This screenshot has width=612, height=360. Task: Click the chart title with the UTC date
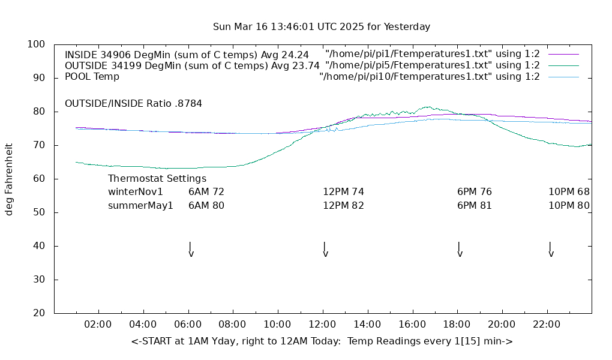[x=322, y=27]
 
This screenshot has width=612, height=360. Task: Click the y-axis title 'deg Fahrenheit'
[x=9, y=179]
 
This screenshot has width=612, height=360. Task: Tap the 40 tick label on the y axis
[x=40, y=246]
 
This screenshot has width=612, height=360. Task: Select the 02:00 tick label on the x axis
[x=98, y=325]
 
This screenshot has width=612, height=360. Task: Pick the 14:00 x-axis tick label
[x=367, y=325]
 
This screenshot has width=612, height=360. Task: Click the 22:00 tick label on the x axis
[x=547, y=325]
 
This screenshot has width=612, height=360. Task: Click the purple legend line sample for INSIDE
[x=563, y=54]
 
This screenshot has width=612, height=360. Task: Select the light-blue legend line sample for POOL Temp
[x=563, y=77]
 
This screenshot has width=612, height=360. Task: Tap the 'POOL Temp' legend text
[x=92, y=77]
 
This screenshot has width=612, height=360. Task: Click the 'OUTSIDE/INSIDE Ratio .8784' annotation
[x=133, y=103]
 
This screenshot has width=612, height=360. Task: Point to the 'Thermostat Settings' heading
[x=157, y=179]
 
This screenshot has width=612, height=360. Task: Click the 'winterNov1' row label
[x=136, y=192]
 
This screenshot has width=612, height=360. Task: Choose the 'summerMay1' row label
[x=140, y=205]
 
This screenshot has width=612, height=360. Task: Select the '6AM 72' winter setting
[x=206, y=192]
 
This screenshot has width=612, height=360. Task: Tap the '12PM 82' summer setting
[x=344, y=205]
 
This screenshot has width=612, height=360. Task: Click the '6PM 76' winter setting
[x=475, y=192]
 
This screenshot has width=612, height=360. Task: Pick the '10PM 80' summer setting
[x=569, y=205]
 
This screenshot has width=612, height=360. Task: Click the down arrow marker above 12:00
[x=325, y=250]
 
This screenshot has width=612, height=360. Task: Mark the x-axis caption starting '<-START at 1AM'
[x=322, y=341]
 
